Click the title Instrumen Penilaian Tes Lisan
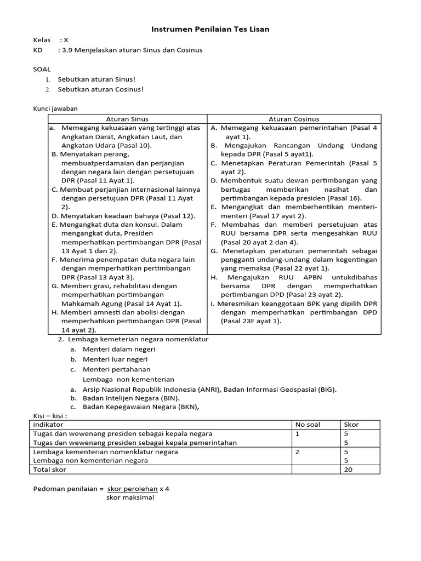tap(210, 29)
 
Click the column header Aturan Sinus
tap(127, 119)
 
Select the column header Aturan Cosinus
tap(294, 119)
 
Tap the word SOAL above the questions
tap(42, 69)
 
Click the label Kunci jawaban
tap(55, 109)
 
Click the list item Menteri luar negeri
tap(115, 359)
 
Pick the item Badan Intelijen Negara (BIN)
tap(131, 398)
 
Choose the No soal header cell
tap(308, 425)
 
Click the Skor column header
tap(351, 425)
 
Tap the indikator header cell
tap(48, 425)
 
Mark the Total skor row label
tap(49, 470)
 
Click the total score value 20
tap(348, 470)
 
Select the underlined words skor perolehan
tap(132, 489)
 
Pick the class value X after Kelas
tap(66, 40)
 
